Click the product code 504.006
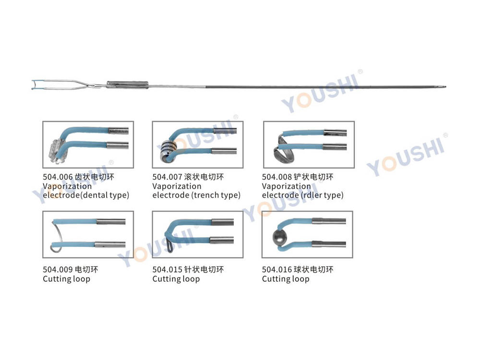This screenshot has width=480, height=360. click(x=58, y=177)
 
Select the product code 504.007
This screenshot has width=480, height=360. click(x=168, y=177)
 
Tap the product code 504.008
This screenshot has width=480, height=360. click(x=277, y=177)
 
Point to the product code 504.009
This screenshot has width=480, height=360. click(x=58, y=270)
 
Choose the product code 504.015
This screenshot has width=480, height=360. click(x=168, y=270)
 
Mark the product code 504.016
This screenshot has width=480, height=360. click(x=277, y=270)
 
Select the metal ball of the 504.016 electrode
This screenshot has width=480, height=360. click(x=279, y=237)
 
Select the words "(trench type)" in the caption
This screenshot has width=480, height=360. click(x=216, y=195)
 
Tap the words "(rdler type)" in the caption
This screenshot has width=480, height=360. click(x=322, y=195)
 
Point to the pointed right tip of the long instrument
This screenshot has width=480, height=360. click(x=445, y=87)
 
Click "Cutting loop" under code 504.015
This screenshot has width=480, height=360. click(x=176, y=279)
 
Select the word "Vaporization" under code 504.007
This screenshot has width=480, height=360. click(x=177, y=186)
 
